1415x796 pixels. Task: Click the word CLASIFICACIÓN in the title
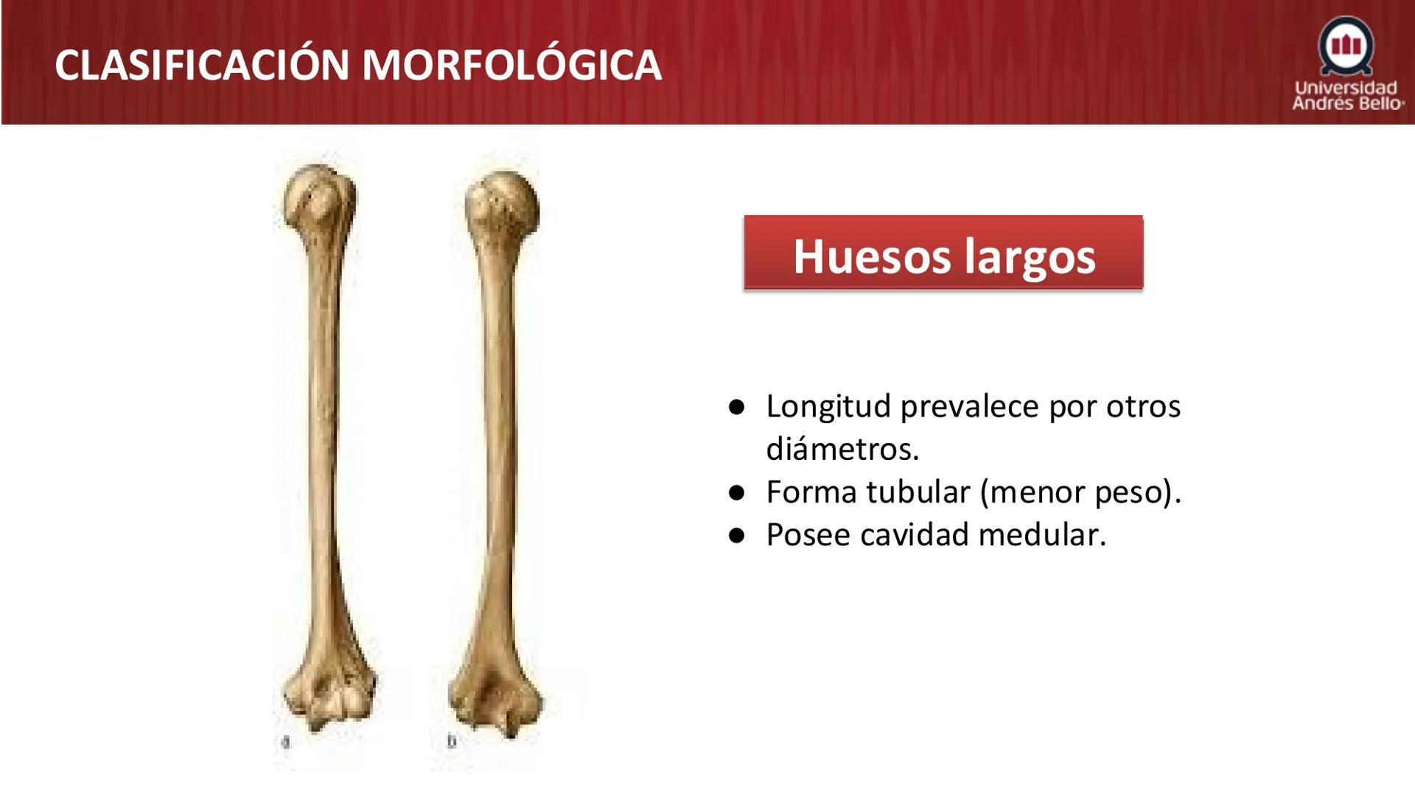[202, 65]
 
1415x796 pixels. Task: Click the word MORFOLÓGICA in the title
[511, 65]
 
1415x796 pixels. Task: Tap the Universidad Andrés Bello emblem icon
[1346, 46]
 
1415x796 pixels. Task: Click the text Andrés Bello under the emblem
[1347, 104]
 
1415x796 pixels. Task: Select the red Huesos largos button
[943, 252]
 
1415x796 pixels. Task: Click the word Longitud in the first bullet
[828, 406]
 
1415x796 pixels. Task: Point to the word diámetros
[842, 449]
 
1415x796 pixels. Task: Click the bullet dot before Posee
[736, 536]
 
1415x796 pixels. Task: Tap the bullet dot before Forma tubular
[736, 493]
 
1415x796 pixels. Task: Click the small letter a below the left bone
[286, 741]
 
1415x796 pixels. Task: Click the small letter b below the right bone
[451, 741]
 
